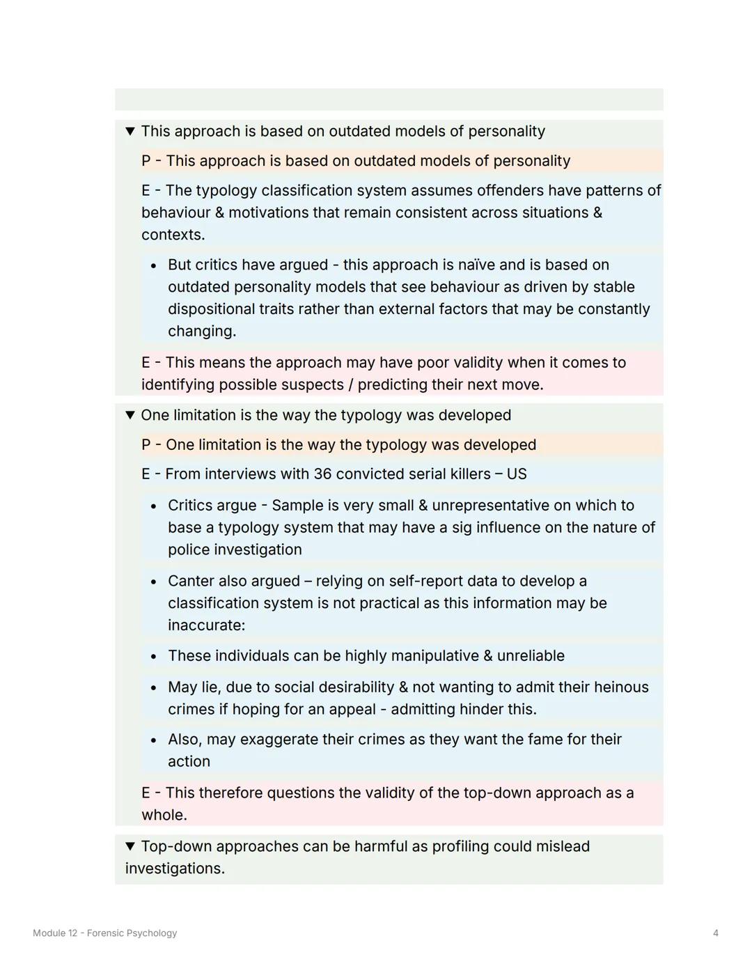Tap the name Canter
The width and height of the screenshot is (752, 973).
192,581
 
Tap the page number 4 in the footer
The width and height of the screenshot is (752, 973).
715,933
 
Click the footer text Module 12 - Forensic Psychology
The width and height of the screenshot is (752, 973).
105,933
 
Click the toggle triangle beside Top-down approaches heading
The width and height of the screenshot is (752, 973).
130,846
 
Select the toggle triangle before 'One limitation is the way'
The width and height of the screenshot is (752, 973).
130,415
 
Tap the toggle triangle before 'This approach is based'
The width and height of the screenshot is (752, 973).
130,131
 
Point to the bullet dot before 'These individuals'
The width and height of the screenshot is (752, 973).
154,657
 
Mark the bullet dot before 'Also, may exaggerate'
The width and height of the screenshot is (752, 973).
154,740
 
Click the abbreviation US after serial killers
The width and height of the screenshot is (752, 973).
517,474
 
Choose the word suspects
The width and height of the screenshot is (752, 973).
317,385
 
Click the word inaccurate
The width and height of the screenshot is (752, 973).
206,625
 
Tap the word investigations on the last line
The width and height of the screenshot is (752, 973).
174,869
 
